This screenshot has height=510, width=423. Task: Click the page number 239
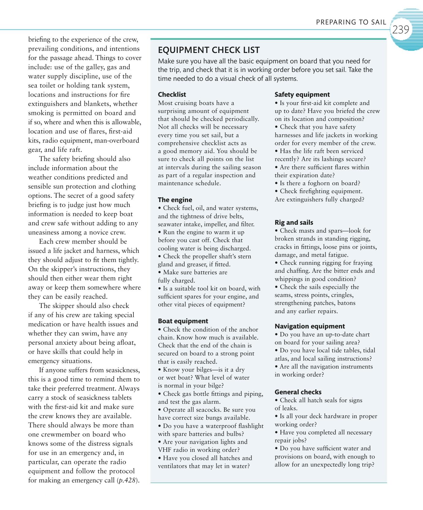[x=401, y=30]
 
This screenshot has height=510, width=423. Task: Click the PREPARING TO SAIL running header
[x=351, y=22]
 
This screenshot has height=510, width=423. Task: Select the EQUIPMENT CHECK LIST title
[x=209, y=50]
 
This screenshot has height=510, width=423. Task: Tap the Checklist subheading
[x=172, y=95]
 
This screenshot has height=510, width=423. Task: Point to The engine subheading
[x=175, y=200]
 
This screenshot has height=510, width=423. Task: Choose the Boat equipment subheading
[x=183, y=321]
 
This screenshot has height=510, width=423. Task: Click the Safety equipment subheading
[x=302, y=95]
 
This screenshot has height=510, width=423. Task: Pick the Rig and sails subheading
[x=294, y=223]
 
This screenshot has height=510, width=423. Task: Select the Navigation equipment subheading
[x=309, y=326]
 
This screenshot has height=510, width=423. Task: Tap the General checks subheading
[x=298, y=392]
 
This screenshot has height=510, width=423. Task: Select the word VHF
[x=165, y=450]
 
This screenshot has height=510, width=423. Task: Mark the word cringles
[x=342, y=295]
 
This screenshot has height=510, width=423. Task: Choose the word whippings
[x=289, y=279]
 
